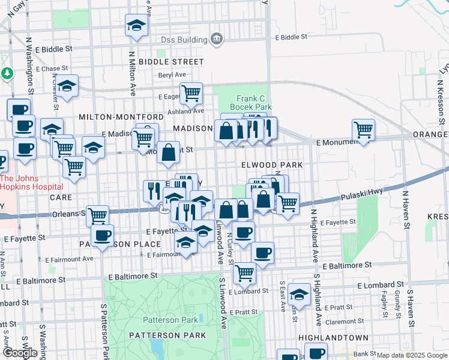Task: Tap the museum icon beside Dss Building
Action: coord(217,40)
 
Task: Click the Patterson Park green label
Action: coord(170,320)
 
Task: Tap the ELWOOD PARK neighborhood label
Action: coord(271,164)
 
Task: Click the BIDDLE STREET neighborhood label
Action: coord(171,62)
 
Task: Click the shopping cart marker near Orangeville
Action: coord(363,129)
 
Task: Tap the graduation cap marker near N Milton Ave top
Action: coord(136,26)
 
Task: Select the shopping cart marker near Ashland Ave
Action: coord(191,93)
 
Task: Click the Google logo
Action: coord(19,353)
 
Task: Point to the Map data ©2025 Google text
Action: coord(412,355)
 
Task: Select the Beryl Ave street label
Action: coord(172,75)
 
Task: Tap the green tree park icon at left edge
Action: coord(7,73)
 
